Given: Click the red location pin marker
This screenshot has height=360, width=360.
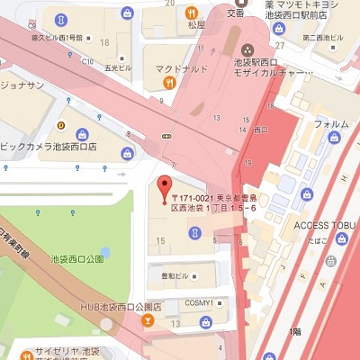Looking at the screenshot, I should click(164, 189).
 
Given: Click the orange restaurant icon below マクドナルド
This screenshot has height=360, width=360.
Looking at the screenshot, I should click(169, 83).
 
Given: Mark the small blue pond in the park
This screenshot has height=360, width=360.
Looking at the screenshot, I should click(105, 251).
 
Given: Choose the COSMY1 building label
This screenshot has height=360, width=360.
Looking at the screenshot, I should click(199, 302).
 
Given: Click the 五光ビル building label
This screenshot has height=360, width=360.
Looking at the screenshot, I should click(119, 67).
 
